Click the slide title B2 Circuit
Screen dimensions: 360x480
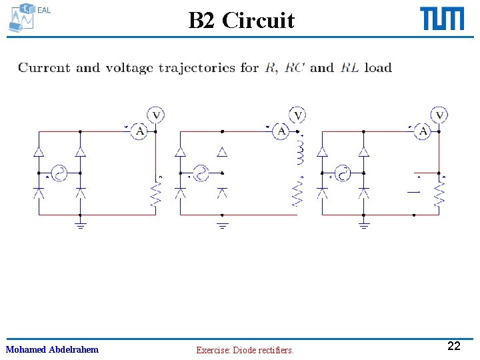point(241,21)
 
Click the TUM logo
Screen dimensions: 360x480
point(442,19)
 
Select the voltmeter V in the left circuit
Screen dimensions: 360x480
point(156,116)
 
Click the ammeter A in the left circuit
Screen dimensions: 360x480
point(140,132)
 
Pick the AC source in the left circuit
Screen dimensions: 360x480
point(59,173)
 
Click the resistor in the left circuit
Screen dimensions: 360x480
point(155,195)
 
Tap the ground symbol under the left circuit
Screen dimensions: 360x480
point(80,225)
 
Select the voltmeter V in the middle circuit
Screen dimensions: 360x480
point(298,116)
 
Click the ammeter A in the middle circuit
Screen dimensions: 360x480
point(282,132)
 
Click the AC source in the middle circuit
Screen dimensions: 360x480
point(201,173)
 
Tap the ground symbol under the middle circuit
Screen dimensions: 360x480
point(223,225)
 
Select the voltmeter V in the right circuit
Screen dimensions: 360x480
point(439,116)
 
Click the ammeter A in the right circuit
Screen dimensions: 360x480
point(423,132)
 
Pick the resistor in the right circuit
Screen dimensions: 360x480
point(439,195)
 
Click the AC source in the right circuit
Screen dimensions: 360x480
point(343,173)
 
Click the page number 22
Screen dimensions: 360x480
point(453,346)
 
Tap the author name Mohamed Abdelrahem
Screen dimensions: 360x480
point(52,349)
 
